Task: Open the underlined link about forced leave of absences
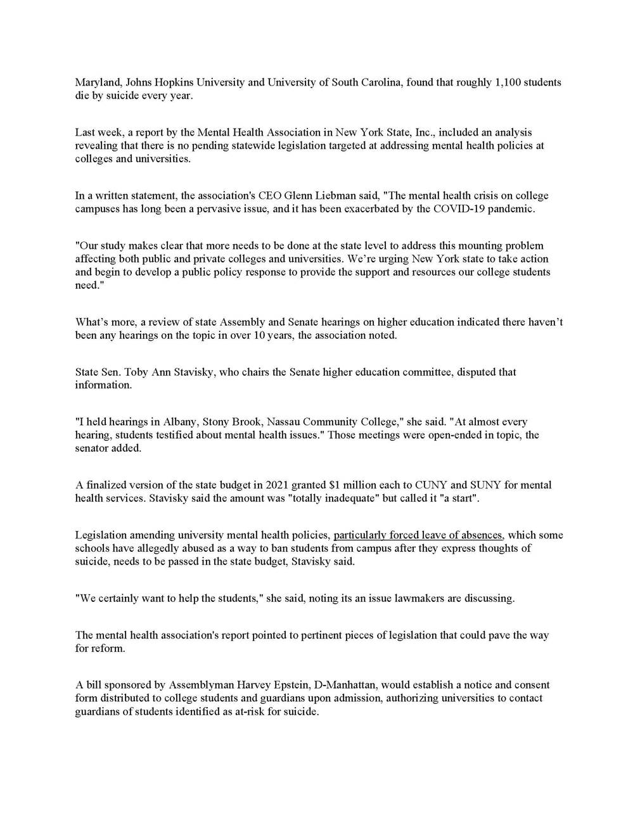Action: point(419,535)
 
